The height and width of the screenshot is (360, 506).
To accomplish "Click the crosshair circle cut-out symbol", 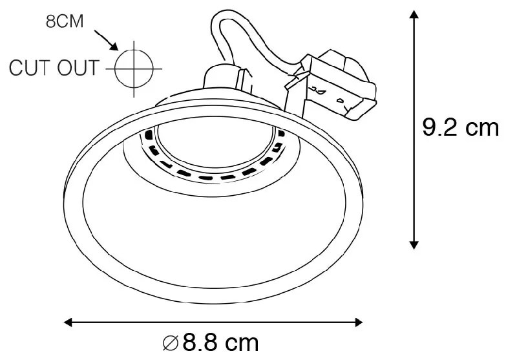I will [133, 67].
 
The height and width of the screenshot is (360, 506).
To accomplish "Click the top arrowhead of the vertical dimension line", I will [414, 15].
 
